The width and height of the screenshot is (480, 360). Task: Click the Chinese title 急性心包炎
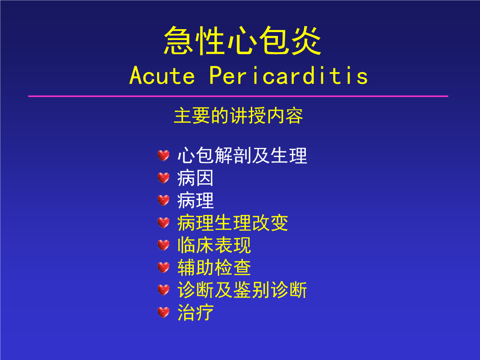click(242, 41)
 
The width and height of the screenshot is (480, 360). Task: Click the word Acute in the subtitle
click(162, 75)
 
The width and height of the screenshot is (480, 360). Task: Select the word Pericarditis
click(289, 75)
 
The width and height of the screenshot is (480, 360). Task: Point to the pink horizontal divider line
click(238, 96)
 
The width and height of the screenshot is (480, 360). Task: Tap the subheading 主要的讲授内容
click(238, 116)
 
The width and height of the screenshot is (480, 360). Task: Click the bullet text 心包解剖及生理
click(242, 155)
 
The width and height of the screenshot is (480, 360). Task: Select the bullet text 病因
click(195, 178)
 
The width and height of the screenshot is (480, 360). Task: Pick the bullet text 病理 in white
click(195, 200)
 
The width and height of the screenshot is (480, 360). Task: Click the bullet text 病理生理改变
click(232, 223)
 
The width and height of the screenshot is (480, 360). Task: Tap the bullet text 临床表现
click(214, 245)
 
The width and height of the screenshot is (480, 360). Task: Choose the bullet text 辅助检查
click(214, 267)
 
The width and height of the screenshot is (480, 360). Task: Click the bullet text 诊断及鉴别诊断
click(242, 290)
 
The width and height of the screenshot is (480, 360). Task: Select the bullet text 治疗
click(195, 312)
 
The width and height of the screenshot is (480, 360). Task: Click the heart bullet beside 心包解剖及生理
click(163, 155)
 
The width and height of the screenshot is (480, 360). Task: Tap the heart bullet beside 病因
click(163, 178)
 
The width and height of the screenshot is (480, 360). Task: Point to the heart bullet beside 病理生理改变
click(163, 223)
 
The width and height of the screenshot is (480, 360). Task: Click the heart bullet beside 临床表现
click(163, 245)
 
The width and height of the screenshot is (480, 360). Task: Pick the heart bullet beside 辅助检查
click(163, 267)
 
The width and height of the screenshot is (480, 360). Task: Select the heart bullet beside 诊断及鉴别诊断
click(163, 290)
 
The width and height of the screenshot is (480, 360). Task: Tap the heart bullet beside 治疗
click(163, 312)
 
